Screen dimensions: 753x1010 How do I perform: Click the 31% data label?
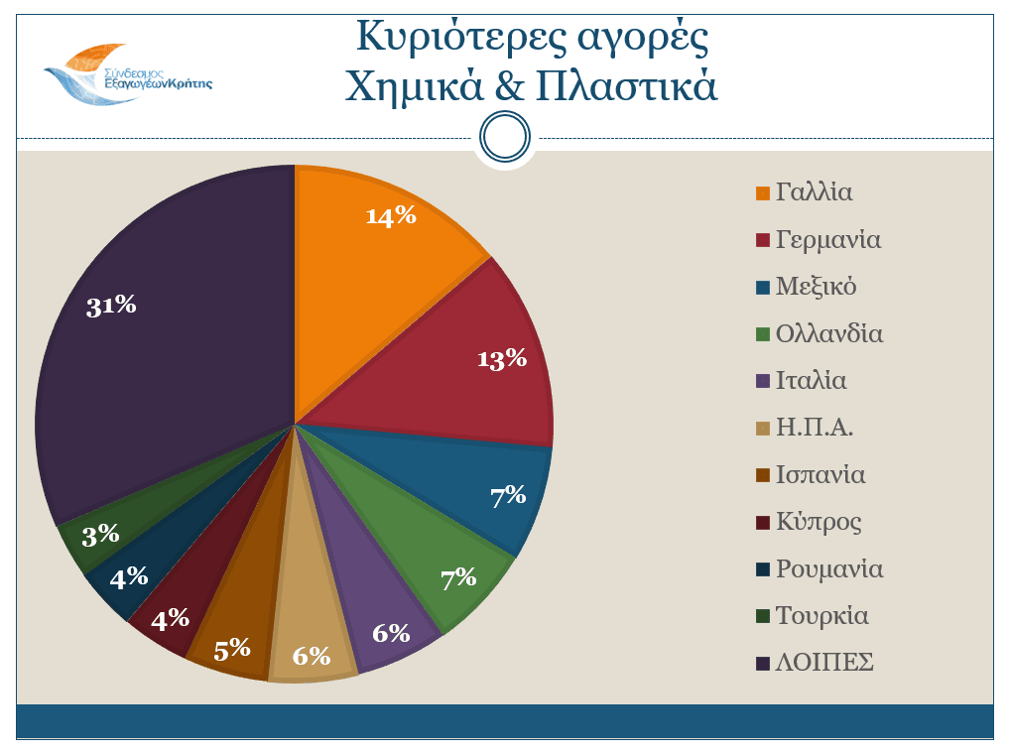coord(111,306)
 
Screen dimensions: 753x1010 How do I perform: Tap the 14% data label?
coord(391,216)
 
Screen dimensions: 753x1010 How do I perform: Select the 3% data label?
coord(100,536)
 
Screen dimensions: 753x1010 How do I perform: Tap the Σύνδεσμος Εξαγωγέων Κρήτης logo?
coord(129,74)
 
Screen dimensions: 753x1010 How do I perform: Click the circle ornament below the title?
coord(505,137)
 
